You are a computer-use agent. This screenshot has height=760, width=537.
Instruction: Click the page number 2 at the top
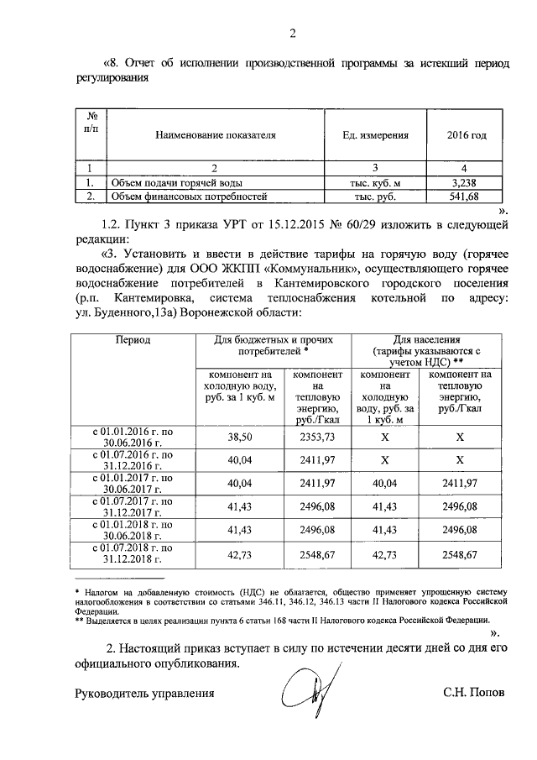pyautogui.click(x=292, y=34)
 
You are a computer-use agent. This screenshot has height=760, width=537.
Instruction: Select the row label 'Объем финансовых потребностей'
pyautogui.click(x=190, y=197)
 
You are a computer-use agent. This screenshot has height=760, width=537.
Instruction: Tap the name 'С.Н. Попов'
pyautogui.click(x=475, y=694)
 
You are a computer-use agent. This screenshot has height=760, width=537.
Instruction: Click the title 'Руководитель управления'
pyautogui.click(x=144, y=694)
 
